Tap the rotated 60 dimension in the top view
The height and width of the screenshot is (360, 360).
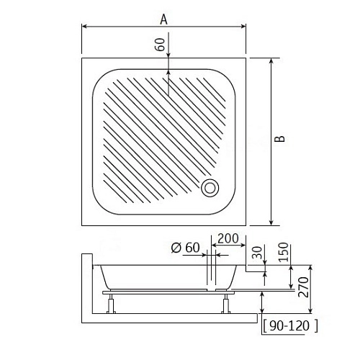pyautogui.click(x=160, y=45)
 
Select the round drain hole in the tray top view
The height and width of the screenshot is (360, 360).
pyautogui.click(x=210, y=186)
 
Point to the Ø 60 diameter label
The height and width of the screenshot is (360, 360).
pyautogui.click(x=185, y=248)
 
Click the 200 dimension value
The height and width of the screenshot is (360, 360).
pyautogui.click(x=228, y=238)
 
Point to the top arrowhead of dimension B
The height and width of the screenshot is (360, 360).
pyautogui.click(x=271, y=62)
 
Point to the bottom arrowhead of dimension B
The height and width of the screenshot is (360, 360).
pyautogui.click(x=271, y=221)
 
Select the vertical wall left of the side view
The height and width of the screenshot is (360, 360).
pyautogui.click(x=85, y=288)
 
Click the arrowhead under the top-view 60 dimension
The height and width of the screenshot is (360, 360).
pyautogui.click(x=168, y=70)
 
